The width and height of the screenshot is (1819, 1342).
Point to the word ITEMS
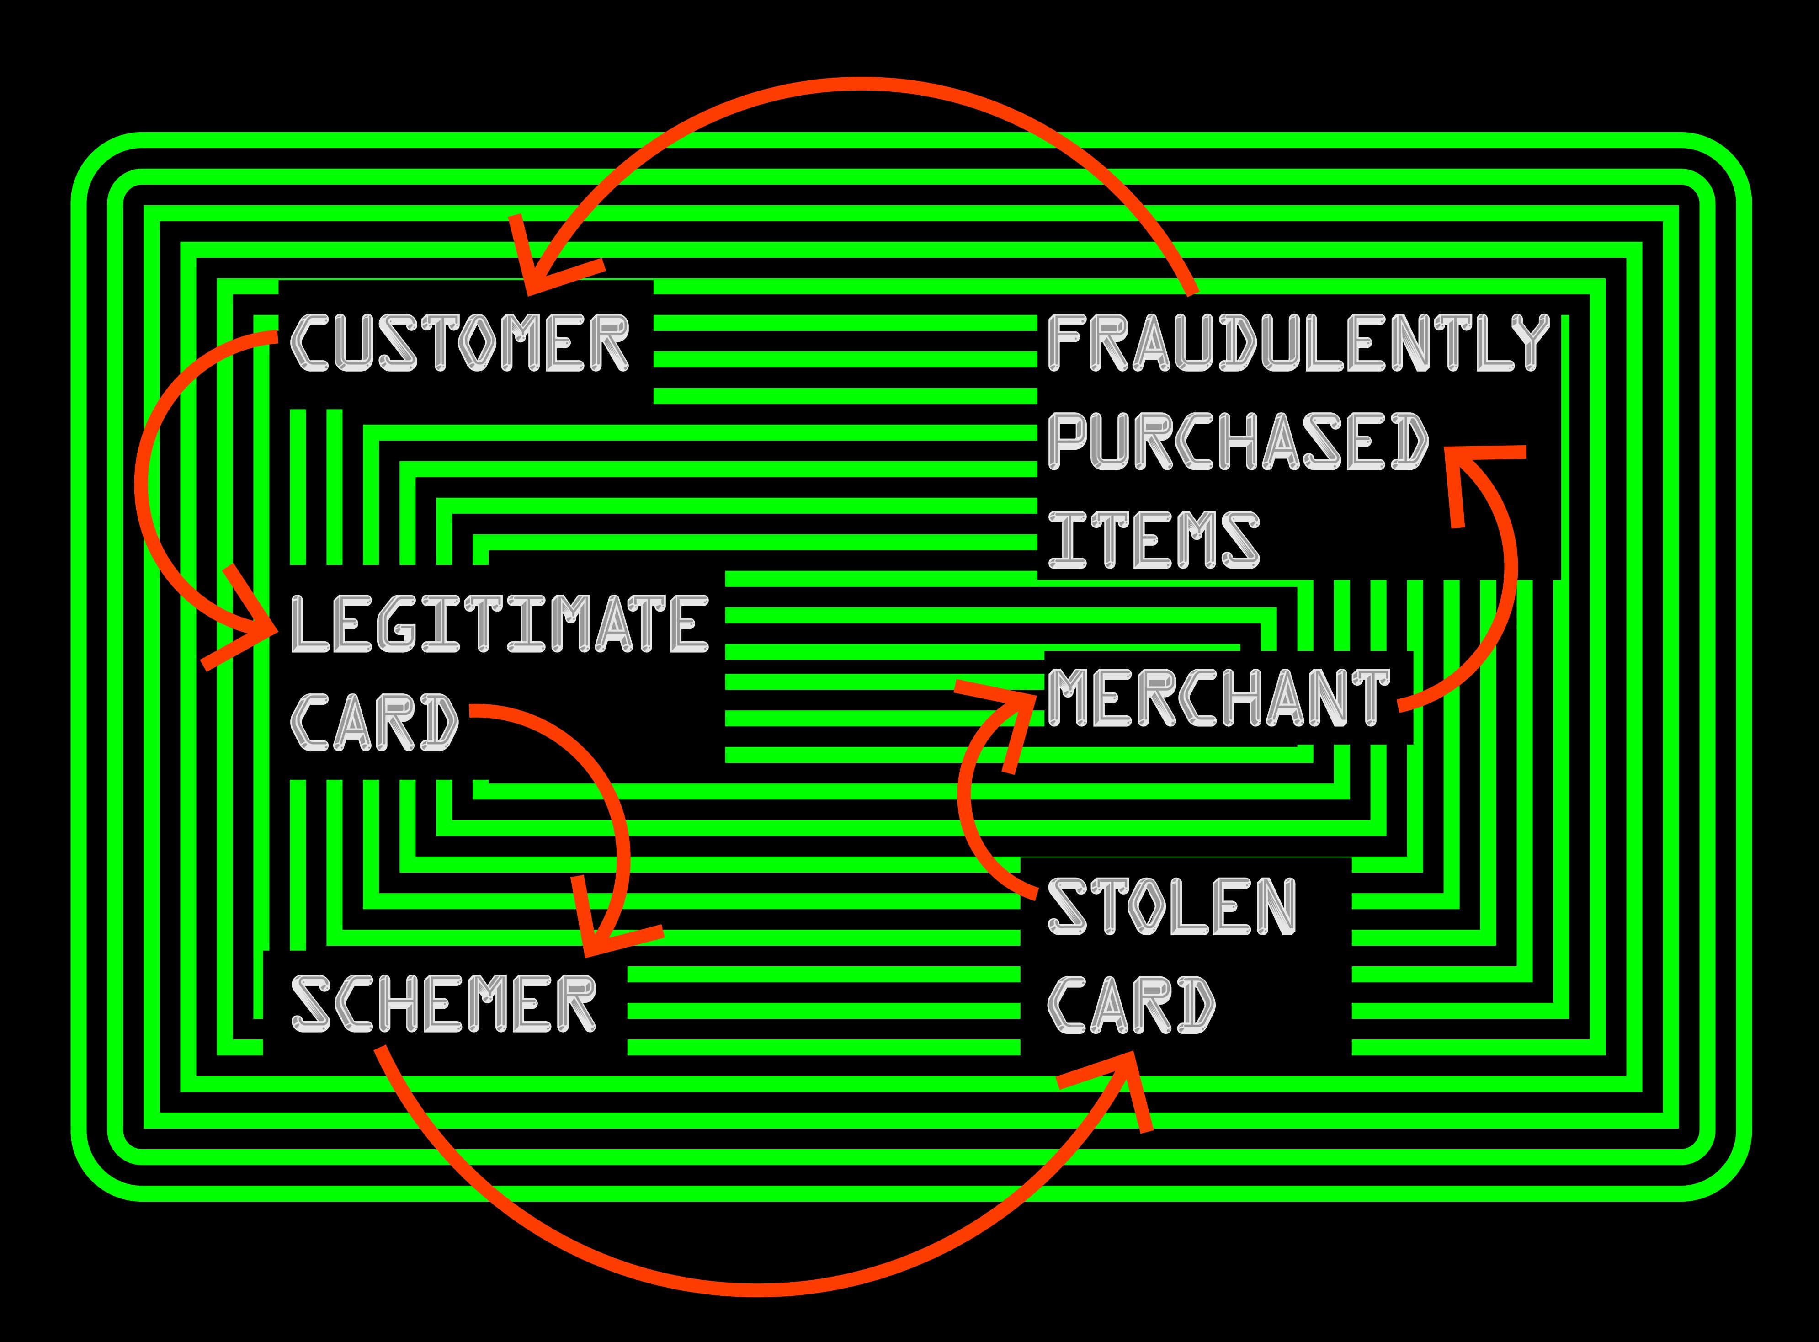(x=1153, y=538)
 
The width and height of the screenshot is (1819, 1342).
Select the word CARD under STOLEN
(x=1131, y=1004)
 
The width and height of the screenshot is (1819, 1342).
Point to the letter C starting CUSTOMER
(x=308, y=344)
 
